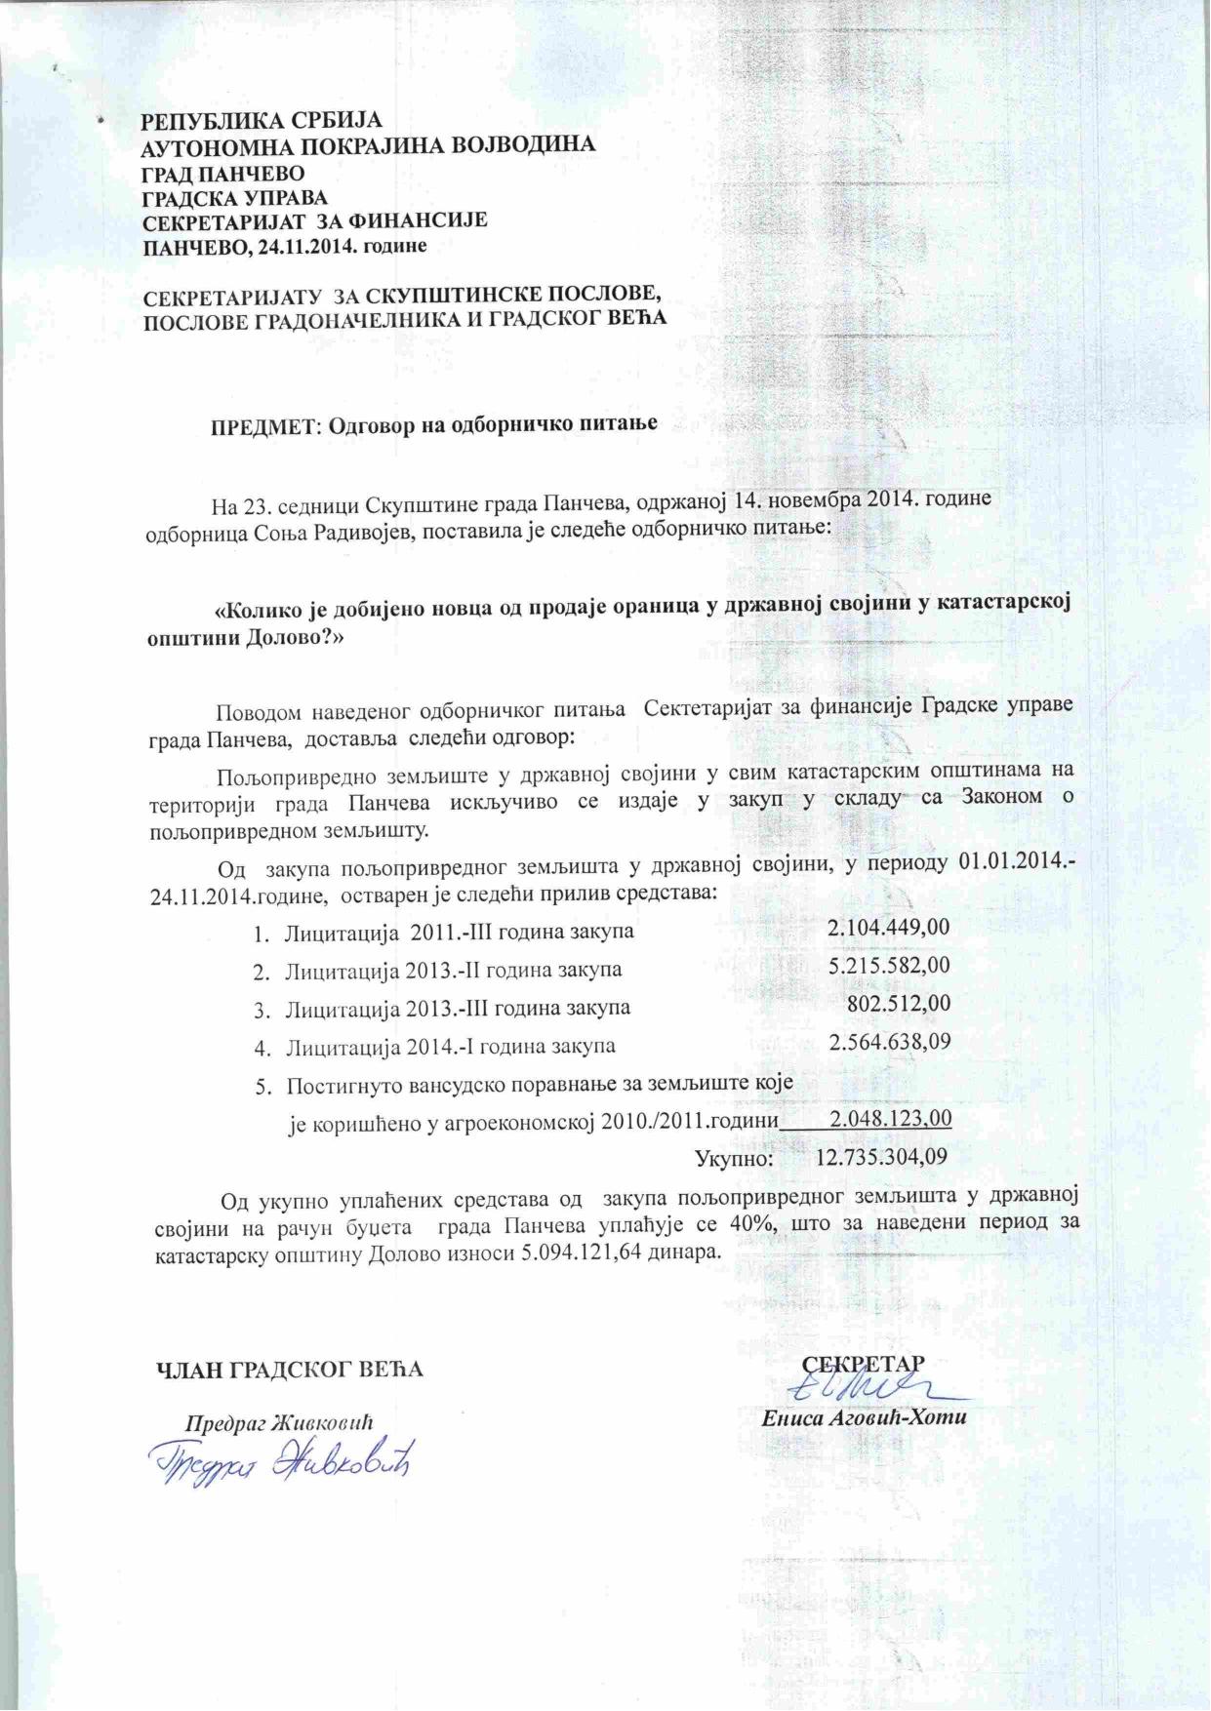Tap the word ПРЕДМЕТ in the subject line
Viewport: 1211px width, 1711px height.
[264, 425]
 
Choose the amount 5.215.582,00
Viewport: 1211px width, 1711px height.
[888, 967]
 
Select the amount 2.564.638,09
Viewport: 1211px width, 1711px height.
[889, 1043]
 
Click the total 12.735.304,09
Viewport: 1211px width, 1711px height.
[881, 1158]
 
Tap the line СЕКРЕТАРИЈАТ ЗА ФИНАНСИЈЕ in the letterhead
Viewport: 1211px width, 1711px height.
[315, 221]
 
